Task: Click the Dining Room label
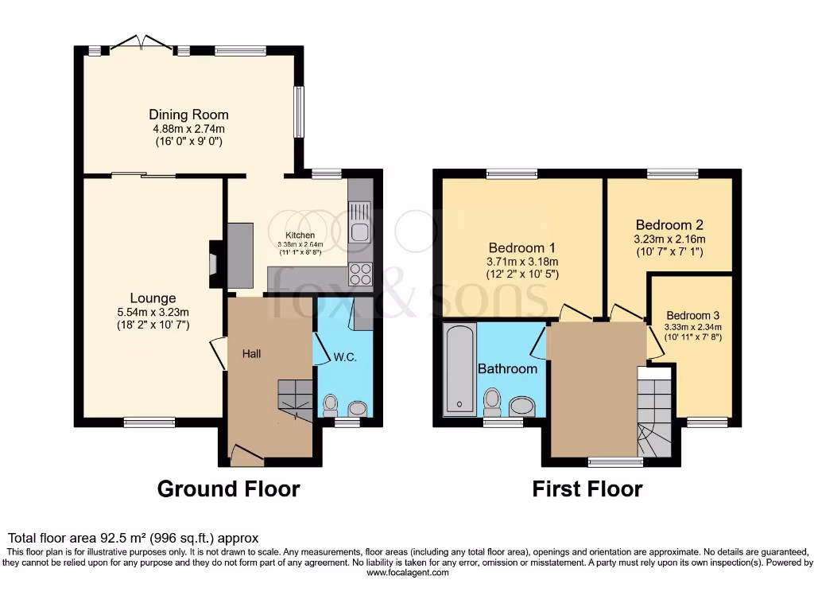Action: pyautogui.click(x=188, y=115)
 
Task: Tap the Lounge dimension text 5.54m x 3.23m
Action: pyautogui.click(x=153, y=312)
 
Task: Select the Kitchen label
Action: pyautogui.click(x=300, y=235)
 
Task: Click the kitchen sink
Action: pyautogui.click(x=359, y=222)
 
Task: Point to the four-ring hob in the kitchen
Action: pyautogui.click(x=359, y=274)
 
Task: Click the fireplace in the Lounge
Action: pyautogui.click(x=212, y=263)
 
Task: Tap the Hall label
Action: pyautogui.click(x=252, y=354)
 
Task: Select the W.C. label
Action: pyautogui.click(x=344, y=357)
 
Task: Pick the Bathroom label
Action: pyautogui.click(x=507, y=369)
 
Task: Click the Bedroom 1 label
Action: pyautogui.click(x=517, y=247)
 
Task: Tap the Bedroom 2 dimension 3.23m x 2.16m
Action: pyautogui.click(x=669, y=239)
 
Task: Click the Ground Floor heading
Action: pyautogui.click(x=229, y=488)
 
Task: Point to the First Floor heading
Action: pyautogui.click(x=587, y=488)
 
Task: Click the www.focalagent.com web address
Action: pyautogui.click(x=406, y=572)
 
